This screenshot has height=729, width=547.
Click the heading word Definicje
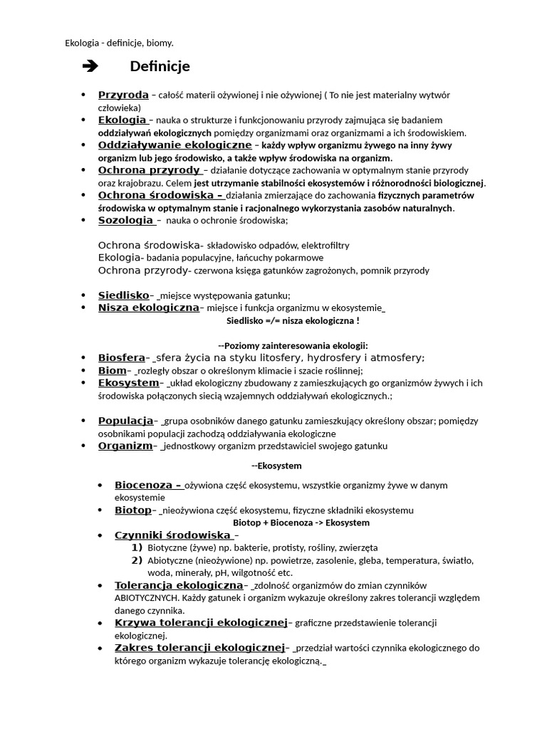[x=160, y=67]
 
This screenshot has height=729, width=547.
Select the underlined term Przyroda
[x=123, y=95]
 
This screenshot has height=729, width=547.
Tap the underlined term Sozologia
[x=125, y=221]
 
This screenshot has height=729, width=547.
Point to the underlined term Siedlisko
[x=123, y=295]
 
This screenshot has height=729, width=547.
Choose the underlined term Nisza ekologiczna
[x=148, y=308]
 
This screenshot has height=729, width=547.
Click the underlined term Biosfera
[x=121, y=358]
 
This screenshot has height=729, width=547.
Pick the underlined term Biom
[x=112, y=371]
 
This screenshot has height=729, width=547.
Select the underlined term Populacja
[x=125, y=421]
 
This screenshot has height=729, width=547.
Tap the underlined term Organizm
[x=125, y=446]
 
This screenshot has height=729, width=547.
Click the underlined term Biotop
[x=133, y=510]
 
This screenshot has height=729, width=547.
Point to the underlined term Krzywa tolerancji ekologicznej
[x=200, y=623]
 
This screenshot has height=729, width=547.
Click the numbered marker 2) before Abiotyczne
[x=137, y=560]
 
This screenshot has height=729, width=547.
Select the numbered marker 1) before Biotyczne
[x=137, y=547]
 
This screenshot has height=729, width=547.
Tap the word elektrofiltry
[x=325, y=246]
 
